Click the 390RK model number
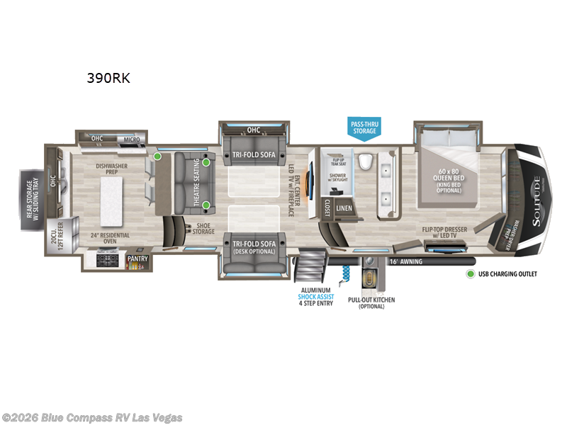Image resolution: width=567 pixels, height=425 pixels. coord(108,78)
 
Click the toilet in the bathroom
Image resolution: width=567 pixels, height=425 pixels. coord(365,162)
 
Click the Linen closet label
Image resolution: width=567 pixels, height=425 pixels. coord(344,208)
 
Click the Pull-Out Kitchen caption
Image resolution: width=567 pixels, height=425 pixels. coord(371,303)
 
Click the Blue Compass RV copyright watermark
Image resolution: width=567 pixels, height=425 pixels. coord(92,417)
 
